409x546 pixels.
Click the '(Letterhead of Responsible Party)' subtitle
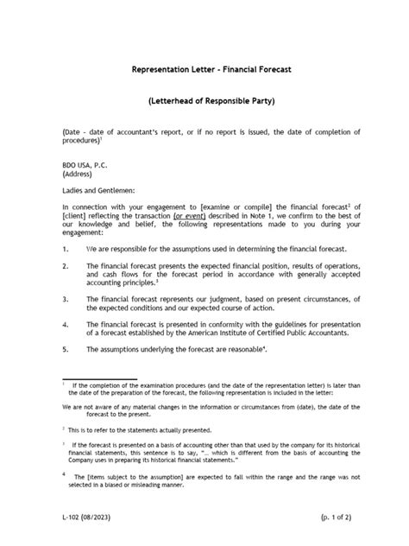tap(204, 102)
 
